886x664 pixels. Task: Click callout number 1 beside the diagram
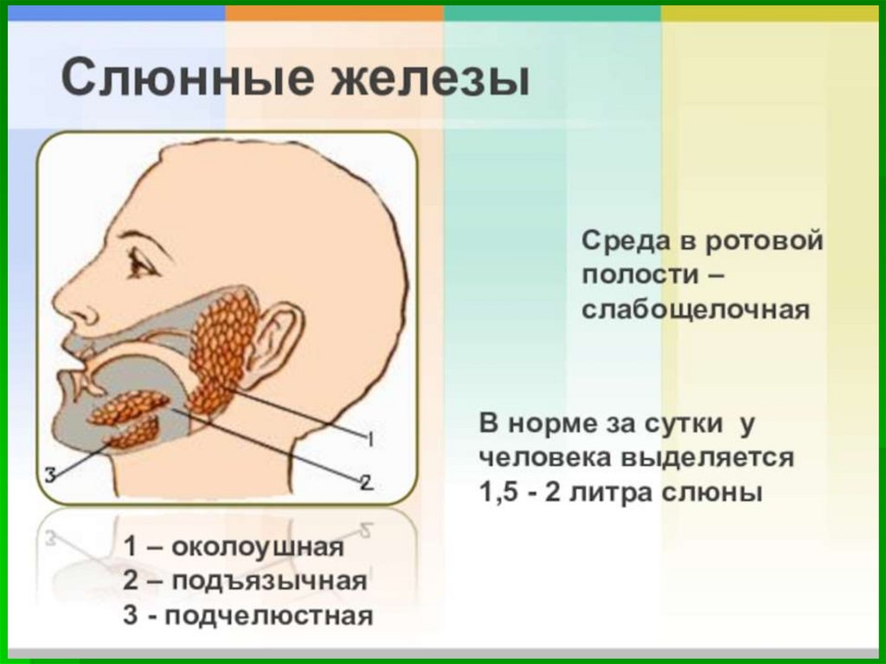point(369,441)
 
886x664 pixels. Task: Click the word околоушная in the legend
point(258,547)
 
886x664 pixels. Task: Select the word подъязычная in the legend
point(269,581)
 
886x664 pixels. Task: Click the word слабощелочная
point(697,309)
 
